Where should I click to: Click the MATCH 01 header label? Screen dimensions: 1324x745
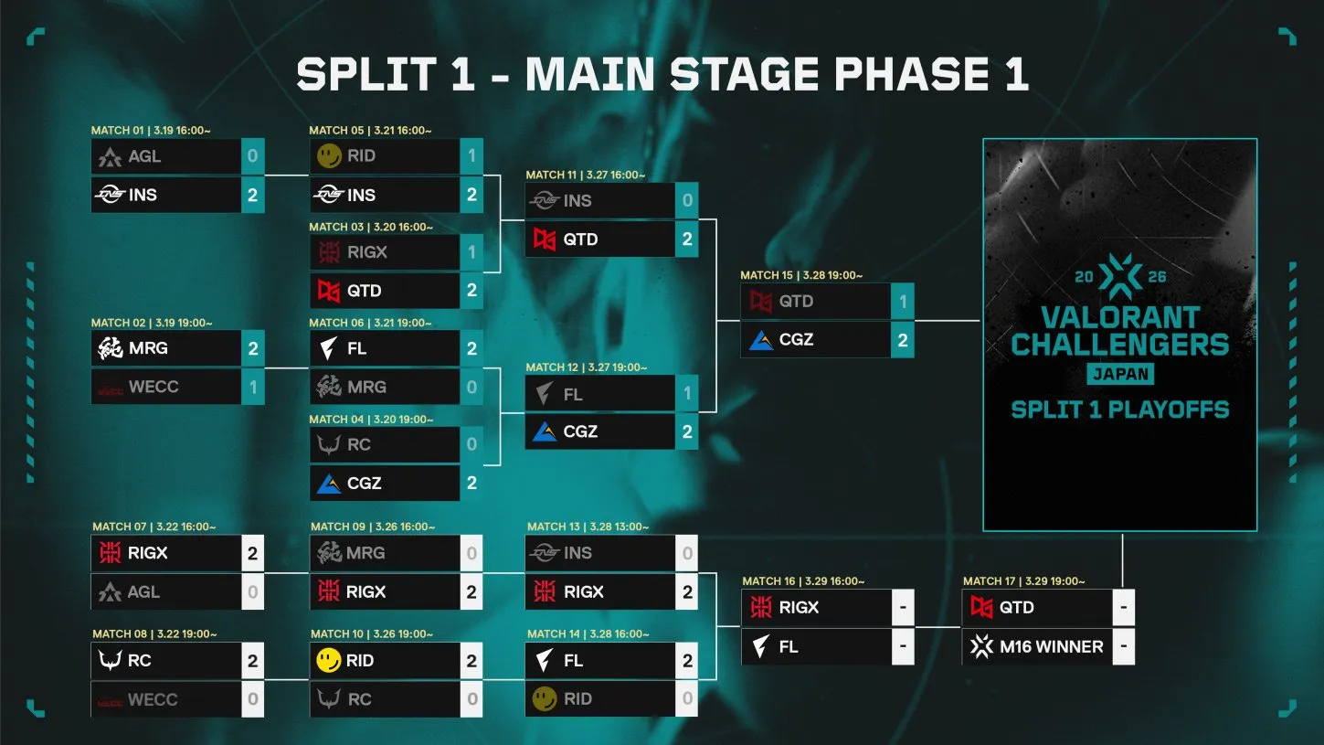click(151, 131)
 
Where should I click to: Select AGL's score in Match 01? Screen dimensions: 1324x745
click(252, 156)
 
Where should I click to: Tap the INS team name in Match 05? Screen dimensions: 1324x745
click(361, 195)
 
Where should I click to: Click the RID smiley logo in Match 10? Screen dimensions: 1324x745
click(329, 660)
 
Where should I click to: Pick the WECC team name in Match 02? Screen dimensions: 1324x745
click(154, 387)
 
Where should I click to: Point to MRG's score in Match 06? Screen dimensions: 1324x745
click(471, 387)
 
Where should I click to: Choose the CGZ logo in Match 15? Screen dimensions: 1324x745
click(761, 340)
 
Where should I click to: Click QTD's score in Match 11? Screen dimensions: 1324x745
click(687, 239)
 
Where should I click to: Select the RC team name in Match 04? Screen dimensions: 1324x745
click(359, 444)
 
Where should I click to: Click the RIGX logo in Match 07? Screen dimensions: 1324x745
click(111, 553)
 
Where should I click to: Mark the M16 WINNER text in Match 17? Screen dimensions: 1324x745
click(1051, 646)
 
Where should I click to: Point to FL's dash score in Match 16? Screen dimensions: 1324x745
click(902, 646)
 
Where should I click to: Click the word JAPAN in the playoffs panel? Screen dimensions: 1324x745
click(1120, 374)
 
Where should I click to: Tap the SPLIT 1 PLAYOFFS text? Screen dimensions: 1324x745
click(1119, 409)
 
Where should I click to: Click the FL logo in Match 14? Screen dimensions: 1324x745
click(545, 660)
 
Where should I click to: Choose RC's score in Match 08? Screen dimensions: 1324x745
click(252, 660)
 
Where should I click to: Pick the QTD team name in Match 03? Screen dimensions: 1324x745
click(364, 291)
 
